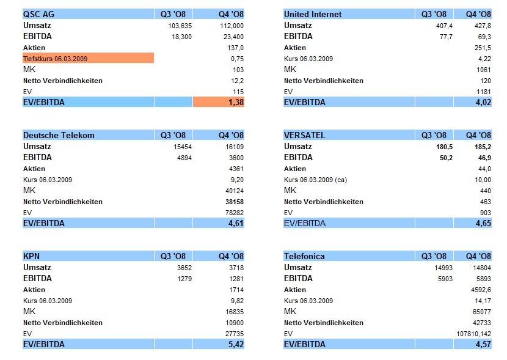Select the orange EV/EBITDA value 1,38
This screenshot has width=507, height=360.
tap(235, 103)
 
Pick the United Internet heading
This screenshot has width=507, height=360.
tap(313, 14)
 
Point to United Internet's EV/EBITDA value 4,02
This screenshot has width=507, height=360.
tap(483, 103)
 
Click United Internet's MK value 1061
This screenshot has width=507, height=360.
tap(483, 70)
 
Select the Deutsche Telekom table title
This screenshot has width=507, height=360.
tap(59, 135)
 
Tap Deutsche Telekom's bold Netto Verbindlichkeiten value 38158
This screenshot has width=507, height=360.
tap(233, 202)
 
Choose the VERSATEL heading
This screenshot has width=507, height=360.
tap(304, 135)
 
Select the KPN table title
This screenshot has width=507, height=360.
tap(31, 256)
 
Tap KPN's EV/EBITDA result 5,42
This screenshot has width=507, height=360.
tap(235, 345)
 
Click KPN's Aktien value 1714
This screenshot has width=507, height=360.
tap(235, 290)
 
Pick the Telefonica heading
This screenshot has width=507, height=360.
tap(304, 256)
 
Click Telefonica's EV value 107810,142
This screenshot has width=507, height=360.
tap(472, 334)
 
